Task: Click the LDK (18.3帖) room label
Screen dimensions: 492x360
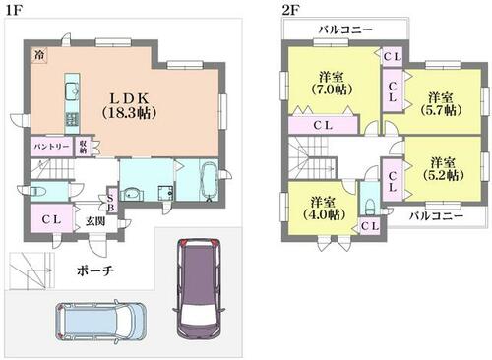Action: [x=129, y=105]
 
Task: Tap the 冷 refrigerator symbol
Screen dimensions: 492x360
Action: [x=39, y=55]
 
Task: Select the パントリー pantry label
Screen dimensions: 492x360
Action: [x=52, y=147]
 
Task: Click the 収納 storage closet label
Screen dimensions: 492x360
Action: [x=83, y=148]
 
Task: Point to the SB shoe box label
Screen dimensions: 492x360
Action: [x=110, y=203]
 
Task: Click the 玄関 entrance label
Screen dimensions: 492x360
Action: [x=95, y=221]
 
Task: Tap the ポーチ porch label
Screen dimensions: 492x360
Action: [x=95, y=270]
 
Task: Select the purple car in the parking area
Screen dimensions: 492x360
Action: [x=199, y=287]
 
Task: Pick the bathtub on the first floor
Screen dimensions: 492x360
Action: [x=209, y=180]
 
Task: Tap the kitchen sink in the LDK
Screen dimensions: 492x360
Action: [x=72, y=90]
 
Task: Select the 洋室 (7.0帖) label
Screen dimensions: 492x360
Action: [x=332, y=84]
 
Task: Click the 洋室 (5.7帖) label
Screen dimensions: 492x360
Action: [x=441, y=104]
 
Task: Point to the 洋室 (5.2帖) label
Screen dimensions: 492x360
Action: [x=443, y=169]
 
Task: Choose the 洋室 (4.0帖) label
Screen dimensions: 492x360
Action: [x=324, y=208]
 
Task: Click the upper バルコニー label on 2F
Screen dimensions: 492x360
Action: [x=346, y=30]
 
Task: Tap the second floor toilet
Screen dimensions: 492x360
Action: [x=370, y=206]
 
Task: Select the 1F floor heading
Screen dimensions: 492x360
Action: [x=14, y=10]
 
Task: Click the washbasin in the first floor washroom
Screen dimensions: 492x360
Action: [x=133, y=195]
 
